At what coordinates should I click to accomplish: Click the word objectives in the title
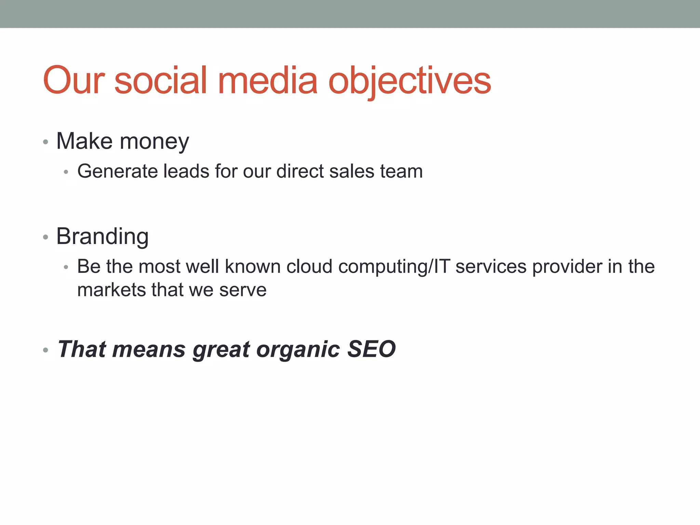pyautogui.click(x=409, y=81)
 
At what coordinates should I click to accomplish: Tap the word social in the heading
pyautogui.click(x=161, y=81)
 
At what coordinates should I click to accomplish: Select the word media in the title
pyautogui.click(x=268, y=81)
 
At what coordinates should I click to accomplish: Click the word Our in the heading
pyautogui.click(x=73, y=81)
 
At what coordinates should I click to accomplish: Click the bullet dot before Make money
pyautogui.click(x=45, y=142)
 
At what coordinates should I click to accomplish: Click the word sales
pyautogui.click(x=351, y=171)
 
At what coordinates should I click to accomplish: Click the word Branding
pyautogui.click(x=102, y=237)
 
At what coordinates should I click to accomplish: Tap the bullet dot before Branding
pyautogui.click(x=45, y=237)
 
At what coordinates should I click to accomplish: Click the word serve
pyautogui.click(x=243, y=290)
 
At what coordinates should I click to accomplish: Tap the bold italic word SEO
pyautogui.click(x=371, y=349)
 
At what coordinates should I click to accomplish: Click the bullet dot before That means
pyautogui.click(x=45, y=350)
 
